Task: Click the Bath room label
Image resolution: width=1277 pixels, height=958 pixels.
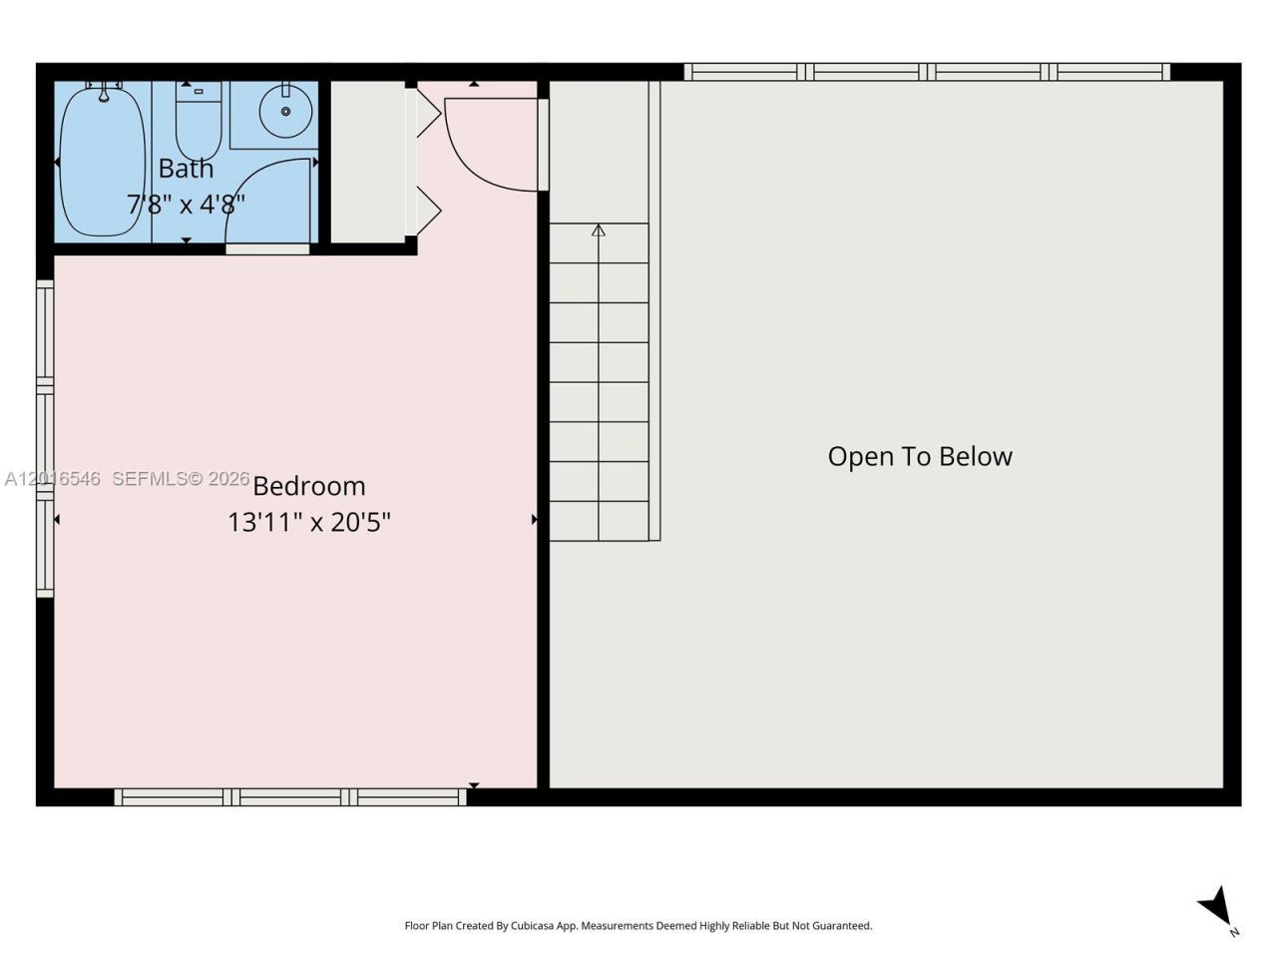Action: coord(187,169)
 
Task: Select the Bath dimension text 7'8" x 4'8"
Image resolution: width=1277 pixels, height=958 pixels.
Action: coord(187,205)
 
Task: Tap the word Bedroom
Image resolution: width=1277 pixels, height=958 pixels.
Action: coord(309,486)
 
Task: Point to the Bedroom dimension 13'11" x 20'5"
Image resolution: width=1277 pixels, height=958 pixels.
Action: coord(309,522)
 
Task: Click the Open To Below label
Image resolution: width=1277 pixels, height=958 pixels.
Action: coord(920,457)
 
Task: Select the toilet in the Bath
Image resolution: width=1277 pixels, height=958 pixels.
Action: coord(199,121)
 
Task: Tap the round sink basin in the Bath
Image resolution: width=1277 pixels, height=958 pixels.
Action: coord(285,112)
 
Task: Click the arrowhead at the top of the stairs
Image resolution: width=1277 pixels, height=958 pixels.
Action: coord(599,231)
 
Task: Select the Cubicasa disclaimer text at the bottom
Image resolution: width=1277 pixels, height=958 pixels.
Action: coord(638,925)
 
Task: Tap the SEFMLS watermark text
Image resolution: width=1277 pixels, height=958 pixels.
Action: coord(181,479)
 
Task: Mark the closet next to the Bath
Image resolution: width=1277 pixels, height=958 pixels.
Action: coord(368,162)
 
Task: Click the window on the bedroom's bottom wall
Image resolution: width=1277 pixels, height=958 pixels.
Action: coord(290,797)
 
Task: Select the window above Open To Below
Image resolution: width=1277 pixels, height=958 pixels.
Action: coord(927,72)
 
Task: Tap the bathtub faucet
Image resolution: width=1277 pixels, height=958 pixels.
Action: coord(104,92)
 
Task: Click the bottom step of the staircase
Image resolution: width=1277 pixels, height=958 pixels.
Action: coord(599,521)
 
